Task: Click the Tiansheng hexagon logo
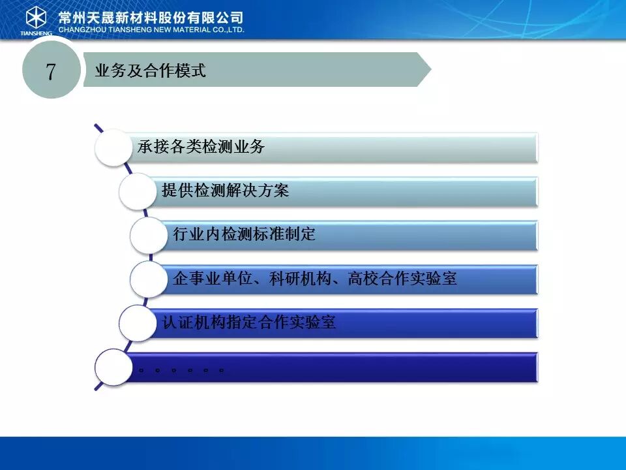[36, 18]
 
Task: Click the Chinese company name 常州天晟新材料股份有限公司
[151, 17]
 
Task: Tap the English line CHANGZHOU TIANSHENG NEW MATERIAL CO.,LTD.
[151, 29]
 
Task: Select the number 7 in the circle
[50, 72]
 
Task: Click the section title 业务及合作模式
[150, 70]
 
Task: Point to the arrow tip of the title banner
[431, 70]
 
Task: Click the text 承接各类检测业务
[201, 146]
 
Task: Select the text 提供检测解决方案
[225, 190]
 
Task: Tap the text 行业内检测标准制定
[244, 234]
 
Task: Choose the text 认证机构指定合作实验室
[248, 322]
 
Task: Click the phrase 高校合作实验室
[402, 278]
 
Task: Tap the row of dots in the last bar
[181, 371]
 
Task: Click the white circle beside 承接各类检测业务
[113, 148]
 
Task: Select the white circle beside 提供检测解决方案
[138, 191]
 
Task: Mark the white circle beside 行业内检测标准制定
[149, 236]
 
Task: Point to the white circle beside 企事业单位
[149, 279]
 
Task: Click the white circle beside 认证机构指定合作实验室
[138, 323]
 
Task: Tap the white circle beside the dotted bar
[113, 368]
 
